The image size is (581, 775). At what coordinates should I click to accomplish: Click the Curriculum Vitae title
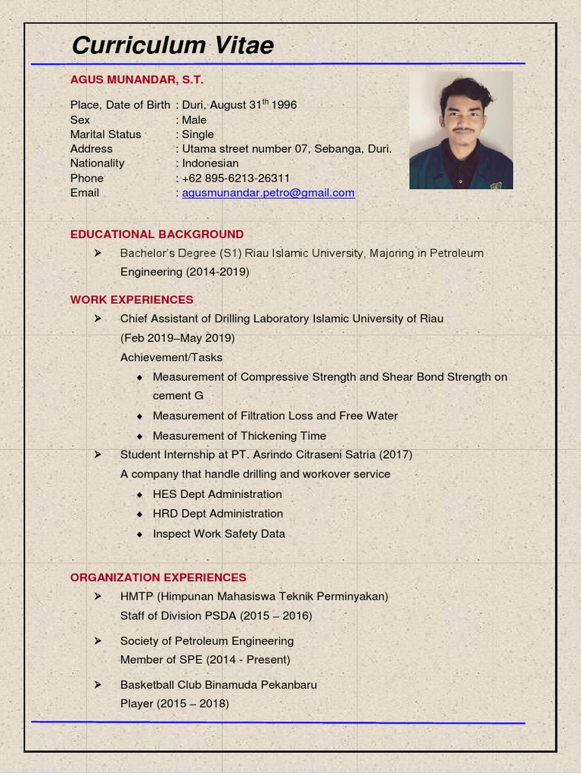(x=172, y=45)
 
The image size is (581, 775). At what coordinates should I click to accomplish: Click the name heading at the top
(x=137, y=79)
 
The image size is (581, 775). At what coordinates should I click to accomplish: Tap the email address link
(x=268, y=193)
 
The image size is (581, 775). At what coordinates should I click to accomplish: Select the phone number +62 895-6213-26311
(x=236, y=179)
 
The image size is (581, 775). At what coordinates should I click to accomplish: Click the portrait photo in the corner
(x=461, y=130)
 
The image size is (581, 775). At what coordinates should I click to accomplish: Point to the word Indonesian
(x=210, y=163)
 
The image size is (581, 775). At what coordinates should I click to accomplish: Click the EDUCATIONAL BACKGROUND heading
(x=157, y=235)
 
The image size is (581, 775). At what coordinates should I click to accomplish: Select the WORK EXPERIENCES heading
(x=132, y=300)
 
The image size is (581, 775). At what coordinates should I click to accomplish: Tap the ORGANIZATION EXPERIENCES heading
(x=158, y=577)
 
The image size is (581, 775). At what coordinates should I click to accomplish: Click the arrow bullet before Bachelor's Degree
(x=98, y=253)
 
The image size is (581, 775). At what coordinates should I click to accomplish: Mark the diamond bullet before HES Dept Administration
(x=140, y=494)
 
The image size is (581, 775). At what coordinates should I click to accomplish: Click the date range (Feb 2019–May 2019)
(x=177, y=338)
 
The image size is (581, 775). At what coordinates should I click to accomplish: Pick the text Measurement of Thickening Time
(x=239, y=436)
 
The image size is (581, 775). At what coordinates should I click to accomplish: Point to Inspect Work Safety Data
(x=219, y=534)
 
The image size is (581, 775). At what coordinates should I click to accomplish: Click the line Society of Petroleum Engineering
(x=207, y=641)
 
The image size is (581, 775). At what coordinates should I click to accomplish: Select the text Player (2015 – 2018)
(x=174, y=704)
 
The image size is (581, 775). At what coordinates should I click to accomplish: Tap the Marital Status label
(x=106, y=135)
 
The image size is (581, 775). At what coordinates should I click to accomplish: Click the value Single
(x=197, y=135)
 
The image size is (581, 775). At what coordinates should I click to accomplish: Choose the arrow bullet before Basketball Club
(x=98, y=685)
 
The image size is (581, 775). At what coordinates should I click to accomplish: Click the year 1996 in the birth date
(x=284, y=105)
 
